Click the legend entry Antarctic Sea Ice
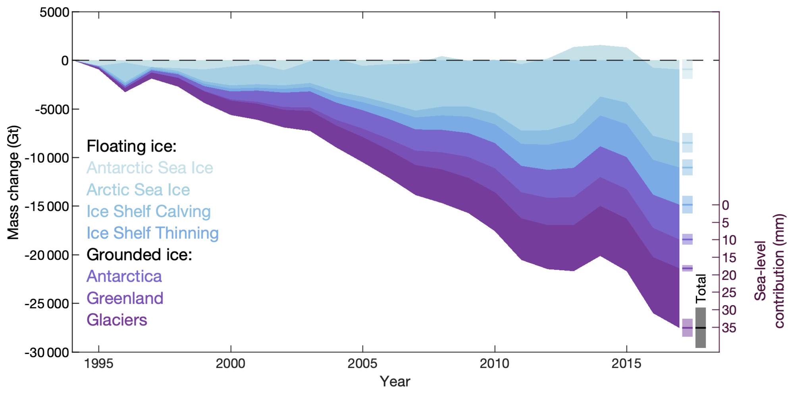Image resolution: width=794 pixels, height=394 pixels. point(150,168)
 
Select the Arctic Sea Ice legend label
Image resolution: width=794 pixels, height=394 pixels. point(138,190)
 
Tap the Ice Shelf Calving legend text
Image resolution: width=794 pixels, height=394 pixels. point(148,211)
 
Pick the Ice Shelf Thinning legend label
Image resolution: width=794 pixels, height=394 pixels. point(152,233)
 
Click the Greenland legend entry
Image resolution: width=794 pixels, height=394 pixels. point(125,298)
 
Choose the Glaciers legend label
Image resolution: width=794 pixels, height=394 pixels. point(117,320)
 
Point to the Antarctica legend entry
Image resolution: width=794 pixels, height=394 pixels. point(124,276)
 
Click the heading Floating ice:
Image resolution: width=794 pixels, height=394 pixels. point(131,146)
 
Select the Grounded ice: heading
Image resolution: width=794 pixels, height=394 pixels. point(139,255)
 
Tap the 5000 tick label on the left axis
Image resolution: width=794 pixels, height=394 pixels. point(54,12)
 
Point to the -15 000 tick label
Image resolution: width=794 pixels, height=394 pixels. point(47,207)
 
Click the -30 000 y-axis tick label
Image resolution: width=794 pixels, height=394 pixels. point(47,353)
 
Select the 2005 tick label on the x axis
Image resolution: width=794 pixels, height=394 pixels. point(362,364)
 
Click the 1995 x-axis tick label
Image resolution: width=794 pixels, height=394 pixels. point(98,364)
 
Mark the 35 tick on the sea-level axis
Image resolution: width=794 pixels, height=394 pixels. point(729,328)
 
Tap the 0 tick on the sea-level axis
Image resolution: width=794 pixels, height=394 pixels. point(726,205)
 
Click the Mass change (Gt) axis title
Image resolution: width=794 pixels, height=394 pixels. point(13,183)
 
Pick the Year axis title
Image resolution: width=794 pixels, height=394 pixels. point(395,382)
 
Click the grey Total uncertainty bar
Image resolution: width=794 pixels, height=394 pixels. point(701,328)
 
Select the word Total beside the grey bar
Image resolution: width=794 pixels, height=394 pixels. point(701,288)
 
